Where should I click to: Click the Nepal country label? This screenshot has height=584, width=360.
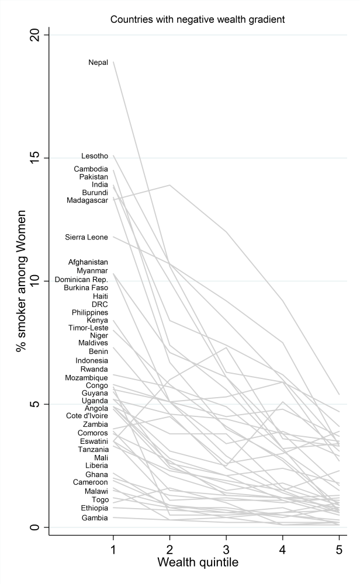(x=98, y=62)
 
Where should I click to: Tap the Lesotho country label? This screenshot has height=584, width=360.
(x=95, y=156)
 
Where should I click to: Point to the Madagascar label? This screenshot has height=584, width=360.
(x=87, y=200)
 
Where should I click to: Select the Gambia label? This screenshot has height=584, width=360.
(x=95, y=518)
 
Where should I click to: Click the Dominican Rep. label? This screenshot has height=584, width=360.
(x=81, y=280)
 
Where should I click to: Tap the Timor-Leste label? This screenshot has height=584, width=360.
(x=89, y=328)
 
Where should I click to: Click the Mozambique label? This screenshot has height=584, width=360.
(x=86, y=378)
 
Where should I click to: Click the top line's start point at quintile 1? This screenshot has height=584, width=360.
(x=113, y=61)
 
